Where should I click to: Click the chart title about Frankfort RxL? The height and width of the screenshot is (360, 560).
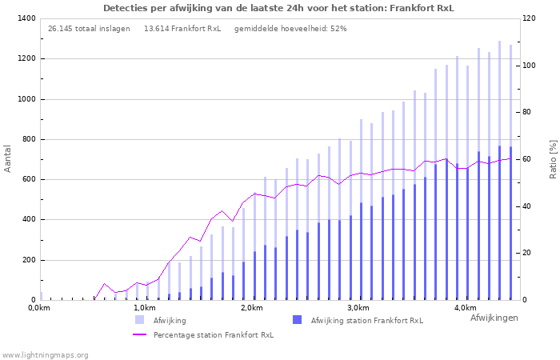click(x=278, y=8)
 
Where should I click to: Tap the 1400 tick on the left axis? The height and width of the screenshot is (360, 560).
click(x=25, y=18)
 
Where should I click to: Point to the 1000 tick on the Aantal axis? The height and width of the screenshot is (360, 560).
click(x=25, y=99)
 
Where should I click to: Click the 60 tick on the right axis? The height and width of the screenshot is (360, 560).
click(x=528, y=159)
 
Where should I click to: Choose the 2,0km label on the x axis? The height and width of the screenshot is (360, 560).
click(x=251, y=308)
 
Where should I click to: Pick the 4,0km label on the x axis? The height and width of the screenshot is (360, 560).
click(x=466, y=308)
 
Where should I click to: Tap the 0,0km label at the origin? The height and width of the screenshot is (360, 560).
click(x=38, y=308)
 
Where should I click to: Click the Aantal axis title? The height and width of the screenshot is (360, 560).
click(x=8, y=158)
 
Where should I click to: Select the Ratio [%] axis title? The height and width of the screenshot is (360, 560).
click(x=553, y=158)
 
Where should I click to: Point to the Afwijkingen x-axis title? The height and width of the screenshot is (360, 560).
click(x=494, y=318)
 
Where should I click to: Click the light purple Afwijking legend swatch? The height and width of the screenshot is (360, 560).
click(x=140, y=320)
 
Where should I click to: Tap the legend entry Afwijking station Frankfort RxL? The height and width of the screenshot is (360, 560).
click(x=367, y=321)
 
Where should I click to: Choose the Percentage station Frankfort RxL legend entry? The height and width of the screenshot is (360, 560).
click(x=214, y=335)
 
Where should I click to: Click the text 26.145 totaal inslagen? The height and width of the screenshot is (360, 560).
click(x=89, y=29)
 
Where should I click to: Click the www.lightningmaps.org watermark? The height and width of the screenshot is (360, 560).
click(x=45, y=354)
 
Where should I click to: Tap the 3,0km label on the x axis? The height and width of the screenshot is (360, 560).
click(x=358, y=308)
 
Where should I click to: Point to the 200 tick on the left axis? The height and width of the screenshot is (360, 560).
click(x=27, y=260)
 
